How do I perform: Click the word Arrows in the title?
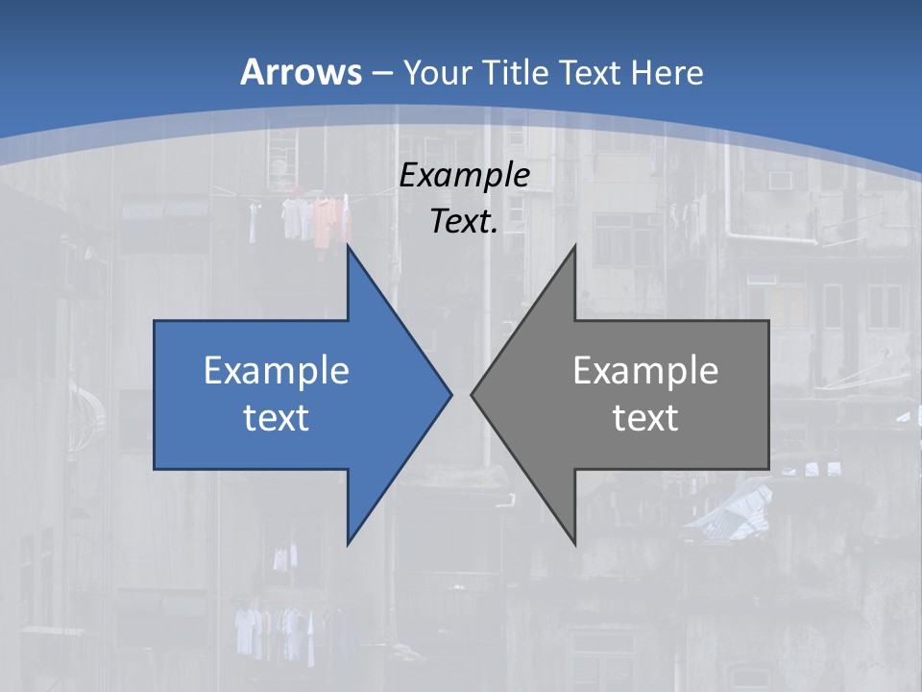pos(302,72)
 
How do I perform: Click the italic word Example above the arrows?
pos(465,176)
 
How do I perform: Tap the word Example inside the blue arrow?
pos(277,370)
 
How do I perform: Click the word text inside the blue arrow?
pos(277,417)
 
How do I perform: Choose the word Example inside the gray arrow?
pos(645,370)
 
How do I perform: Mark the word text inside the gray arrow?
pos(645,417)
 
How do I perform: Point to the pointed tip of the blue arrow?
pos(450,394)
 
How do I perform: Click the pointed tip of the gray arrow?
pos(473,394)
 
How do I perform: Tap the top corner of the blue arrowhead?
pos(349,247)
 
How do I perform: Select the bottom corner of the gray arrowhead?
pos(574,543)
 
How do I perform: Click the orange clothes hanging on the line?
pos(327,218)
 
